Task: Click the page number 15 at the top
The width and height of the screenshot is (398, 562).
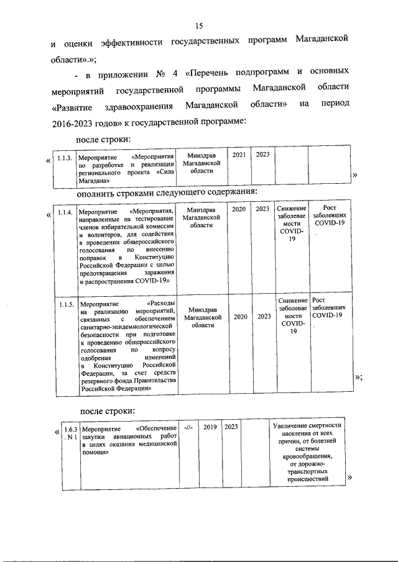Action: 199,25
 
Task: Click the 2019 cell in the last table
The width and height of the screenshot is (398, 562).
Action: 210,427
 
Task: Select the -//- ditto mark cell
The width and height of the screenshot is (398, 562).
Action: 188,427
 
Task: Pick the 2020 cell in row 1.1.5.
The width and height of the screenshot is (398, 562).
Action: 239,316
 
